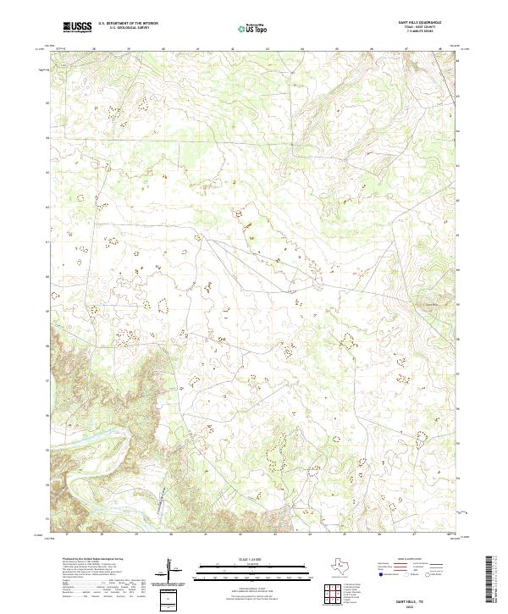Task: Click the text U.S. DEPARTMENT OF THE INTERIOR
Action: click(x=128, y=25)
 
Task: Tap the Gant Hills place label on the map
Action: click(x=434, y=305)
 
